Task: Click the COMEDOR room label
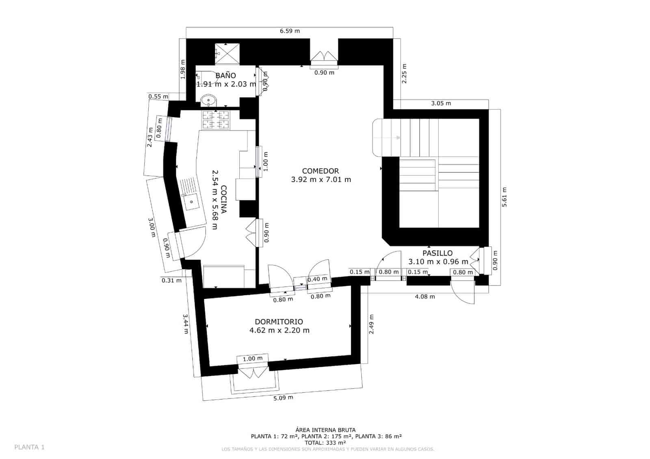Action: (x=321, y=171)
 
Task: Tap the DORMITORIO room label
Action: (x=279, y=322)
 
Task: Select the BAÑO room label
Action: (x=225, y=76)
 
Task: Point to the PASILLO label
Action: (x=437, y=253)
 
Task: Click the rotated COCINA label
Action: (x=223, y=199)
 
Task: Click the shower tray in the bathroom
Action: (x=227, y=53)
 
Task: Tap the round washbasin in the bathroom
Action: (x=209, y=100)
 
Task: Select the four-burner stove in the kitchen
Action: (x=216, y=120)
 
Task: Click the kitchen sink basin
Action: (x=191, y=201)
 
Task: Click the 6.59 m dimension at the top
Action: (x=290, y=31)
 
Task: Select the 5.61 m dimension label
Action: (x=505, y=197)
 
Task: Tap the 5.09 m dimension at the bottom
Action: (x=283, y=398)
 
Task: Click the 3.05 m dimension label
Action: (x=441, y=103)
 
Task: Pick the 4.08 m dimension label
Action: (x=425, y=297)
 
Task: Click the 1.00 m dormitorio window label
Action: (x=253, y=359)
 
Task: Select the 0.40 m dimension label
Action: (x=317, y=279)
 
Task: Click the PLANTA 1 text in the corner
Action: (x=29, y=447)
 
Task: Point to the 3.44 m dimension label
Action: (x=186, y=324)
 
